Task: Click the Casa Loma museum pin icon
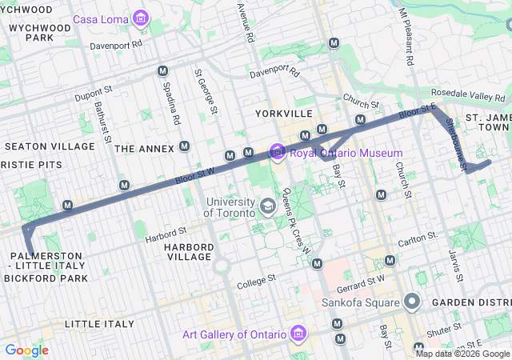point(141,18)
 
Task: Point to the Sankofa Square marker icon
point(412,302)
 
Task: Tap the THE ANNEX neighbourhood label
point(144,149)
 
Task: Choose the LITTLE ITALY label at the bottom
point(99,323)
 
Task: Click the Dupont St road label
point(90,95)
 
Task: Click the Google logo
point(26,350)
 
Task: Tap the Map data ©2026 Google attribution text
point(462,354)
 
